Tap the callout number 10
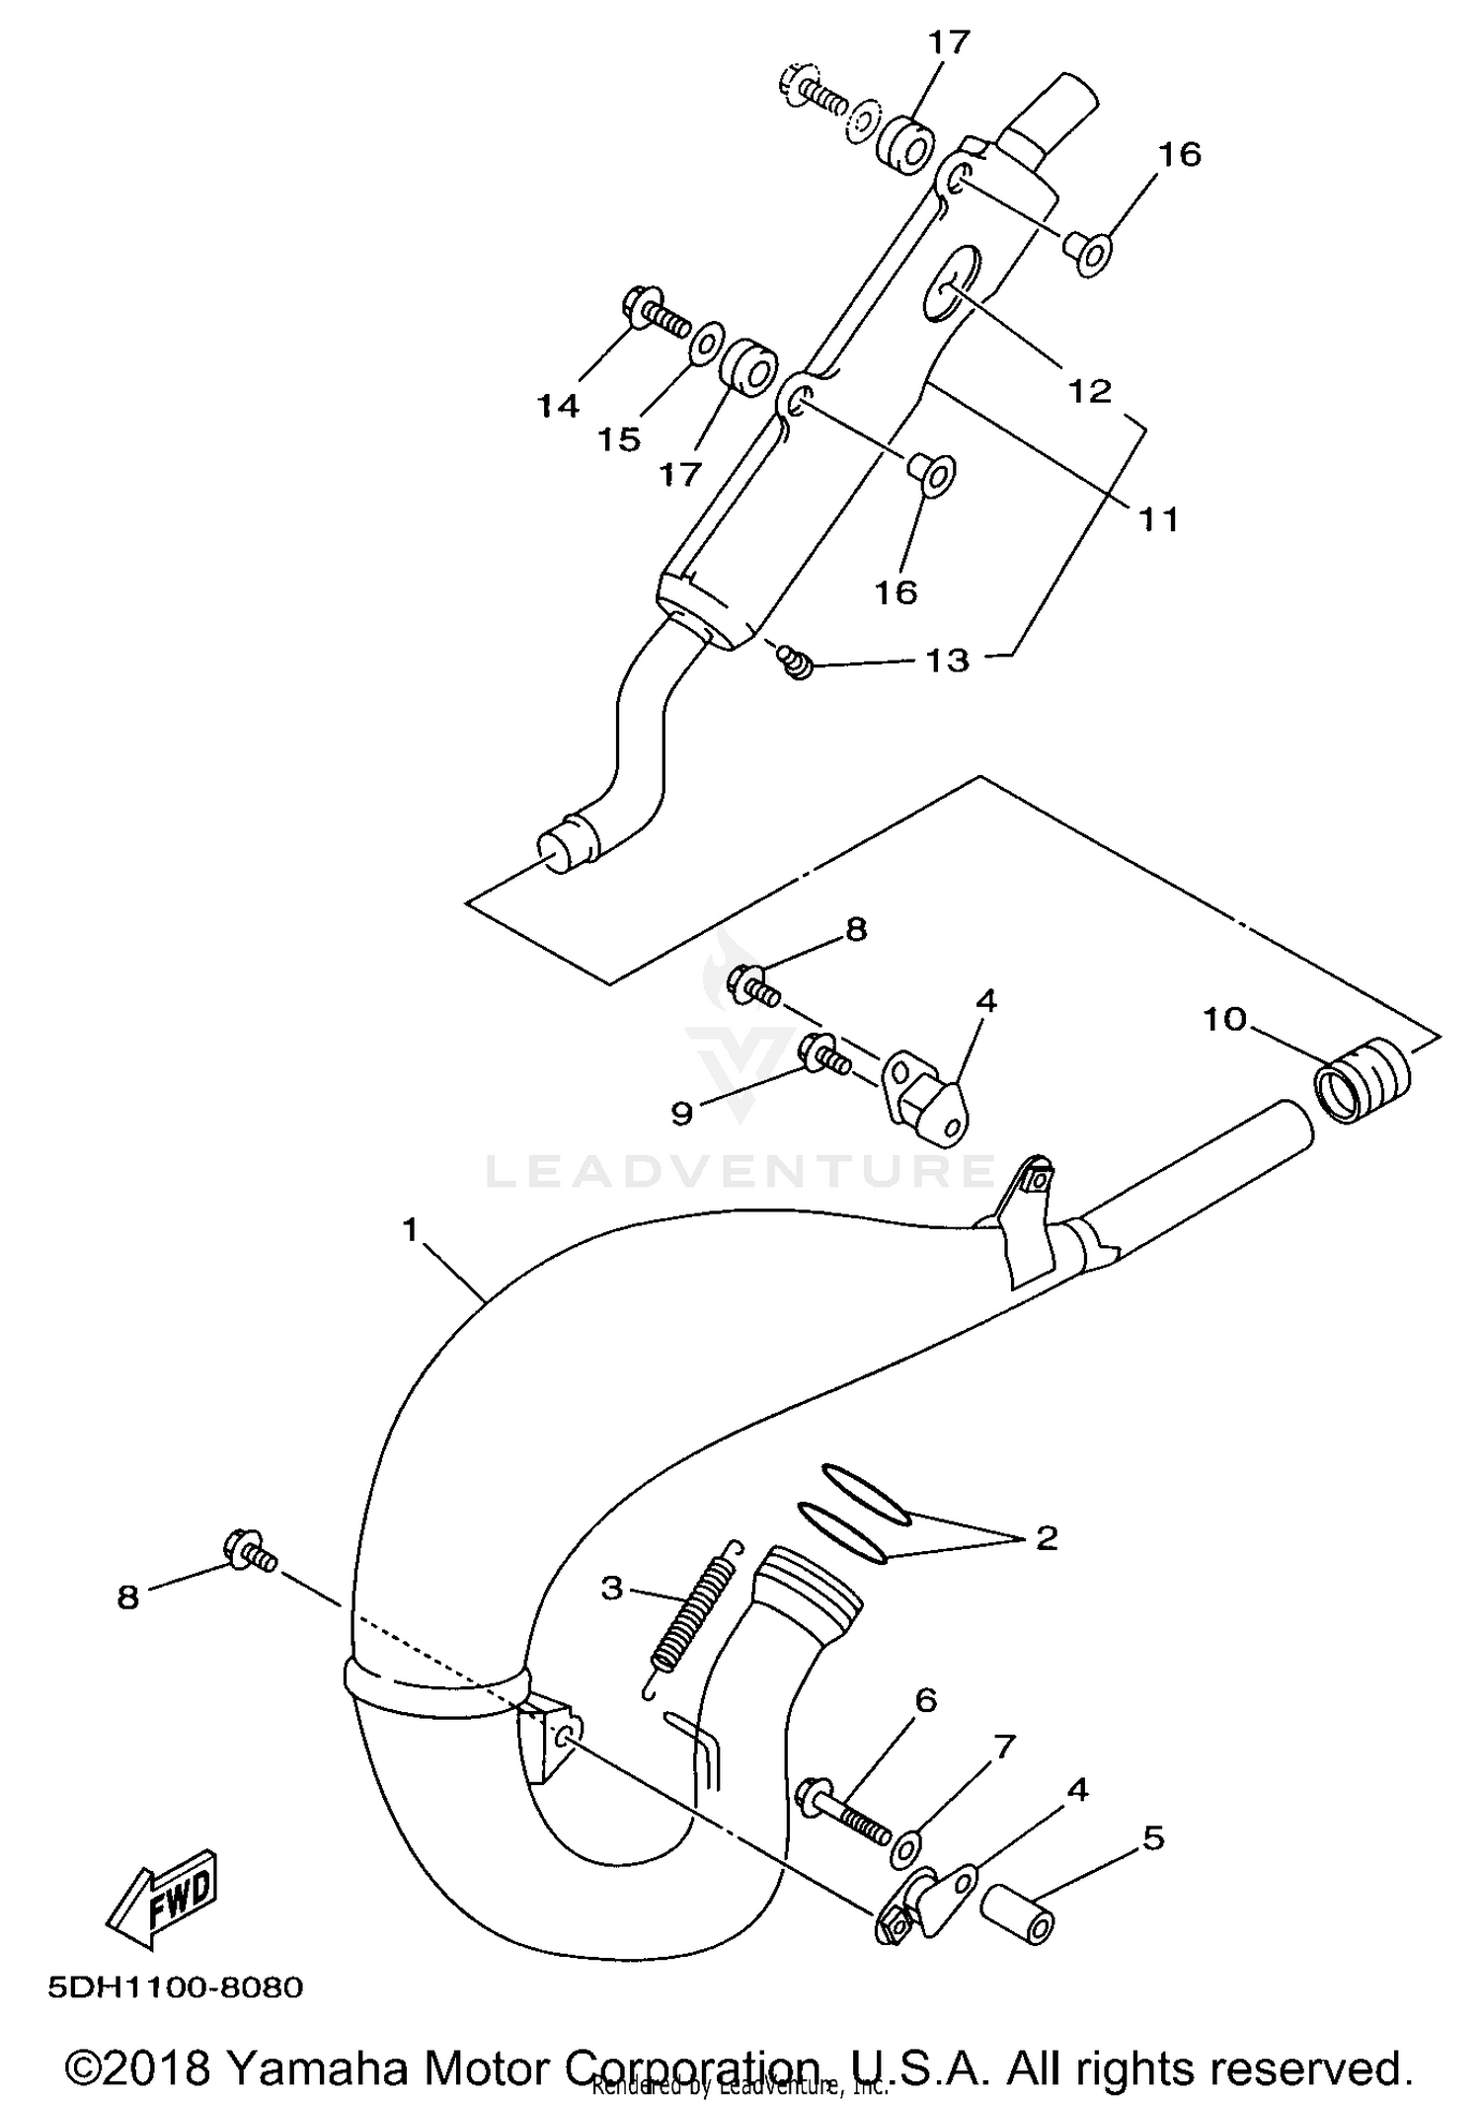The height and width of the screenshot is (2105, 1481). coord(1224,1019)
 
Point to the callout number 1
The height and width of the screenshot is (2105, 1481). coord(411,1230)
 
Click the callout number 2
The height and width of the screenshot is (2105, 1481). coord(1047,1537)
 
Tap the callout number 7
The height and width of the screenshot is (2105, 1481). coord(1003,1748)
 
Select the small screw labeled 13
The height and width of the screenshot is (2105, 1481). coord(795,661)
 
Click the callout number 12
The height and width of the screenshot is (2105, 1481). coord(1090,391)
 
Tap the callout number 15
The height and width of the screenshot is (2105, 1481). coord(619,439)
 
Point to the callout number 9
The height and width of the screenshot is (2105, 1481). coord(681,1113)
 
